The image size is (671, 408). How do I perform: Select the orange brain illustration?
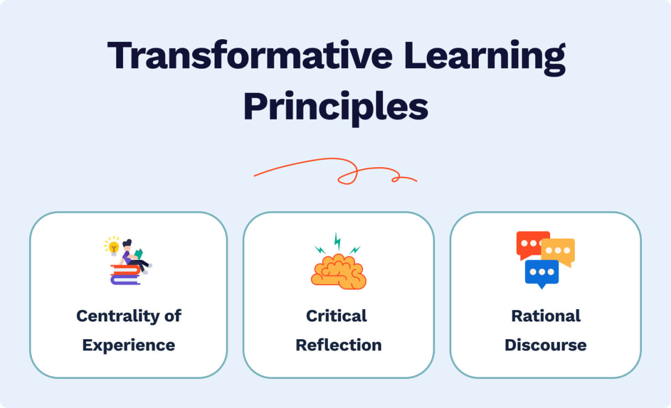[x=339, y=271]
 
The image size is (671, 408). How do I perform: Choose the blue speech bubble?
[x=541, y=273]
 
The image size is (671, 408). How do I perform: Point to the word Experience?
[x=129, y=345]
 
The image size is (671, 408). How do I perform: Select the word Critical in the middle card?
[x=337, y=316]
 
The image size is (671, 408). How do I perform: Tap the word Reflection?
[x=339, y=345]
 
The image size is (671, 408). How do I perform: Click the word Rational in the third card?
[x=546, y=316]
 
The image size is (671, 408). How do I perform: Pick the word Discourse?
[x=546, y=345]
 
